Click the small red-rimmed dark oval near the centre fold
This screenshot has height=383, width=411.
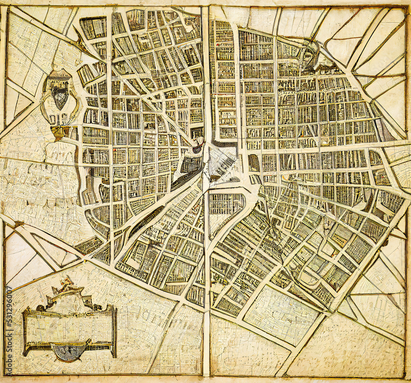[x=198, y=148]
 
